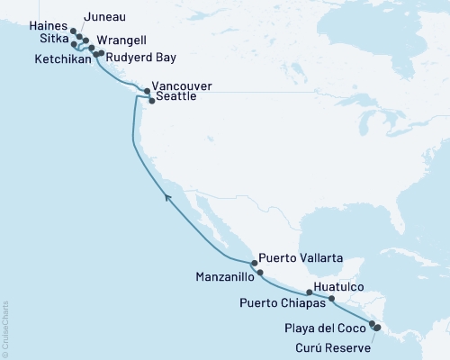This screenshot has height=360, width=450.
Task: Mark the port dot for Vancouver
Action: (x=147, y=91)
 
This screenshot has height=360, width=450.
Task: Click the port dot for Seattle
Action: (x=151, y=101)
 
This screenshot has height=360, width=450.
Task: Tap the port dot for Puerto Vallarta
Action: (x=254, y=264)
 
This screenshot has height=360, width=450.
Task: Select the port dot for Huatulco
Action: (x=332, y=298)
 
